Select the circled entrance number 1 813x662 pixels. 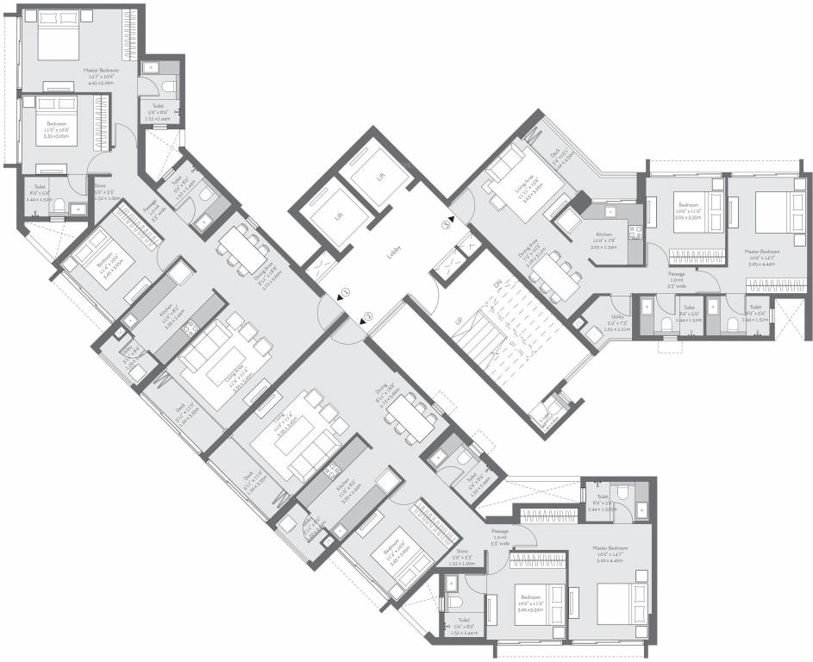pos(344,292)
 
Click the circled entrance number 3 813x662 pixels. pos(446,225)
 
